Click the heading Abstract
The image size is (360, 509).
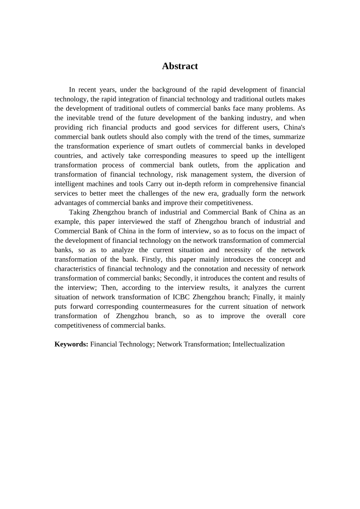(x=180, y=66)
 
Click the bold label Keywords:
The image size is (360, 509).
(x=71, y=344)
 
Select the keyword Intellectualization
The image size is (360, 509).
(x=258, y=344)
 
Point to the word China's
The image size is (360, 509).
(x=294, y=128)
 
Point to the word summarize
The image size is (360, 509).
(x=290, y=137)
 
